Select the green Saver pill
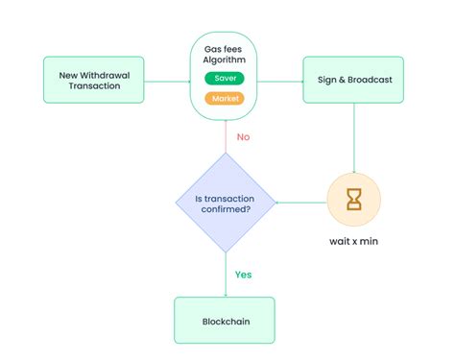224,79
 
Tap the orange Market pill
224,98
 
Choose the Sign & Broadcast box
353,79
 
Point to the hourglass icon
354,200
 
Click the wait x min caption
354,240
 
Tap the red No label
243,137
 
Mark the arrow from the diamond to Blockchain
225,274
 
